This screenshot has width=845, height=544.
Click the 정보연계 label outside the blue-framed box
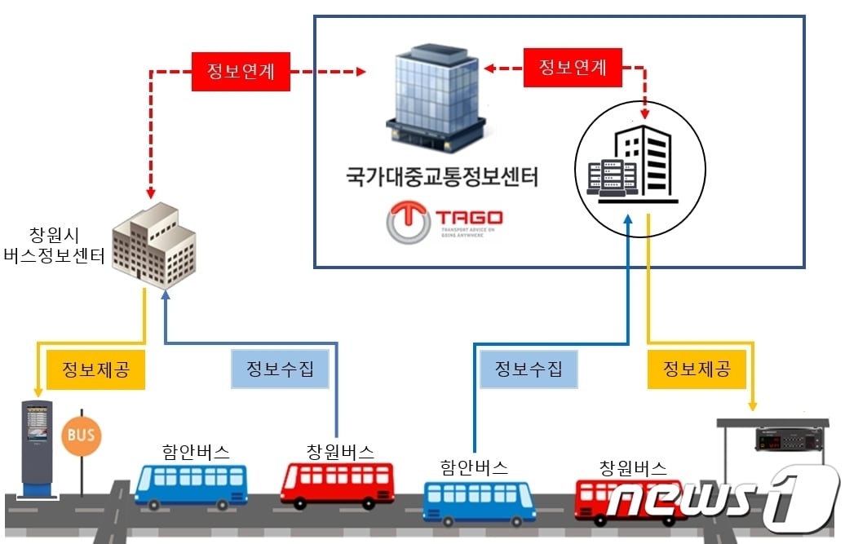[241, 72]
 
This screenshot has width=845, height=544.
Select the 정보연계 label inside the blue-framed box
[573, 67]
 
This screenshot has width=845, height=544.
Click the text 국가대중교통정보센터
[442, 177]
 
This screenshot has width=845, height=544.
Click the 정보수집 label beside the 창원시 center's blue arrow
[281, 369]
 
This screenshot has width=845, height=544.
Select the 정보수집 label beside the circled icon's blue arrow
[529, 368]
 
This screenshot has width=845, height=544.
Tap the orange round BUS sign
[81, 435]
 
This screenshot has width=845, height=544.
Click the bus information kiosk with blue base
[37, 448]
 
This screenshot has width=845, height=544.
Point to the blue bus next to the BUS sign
[191, 486]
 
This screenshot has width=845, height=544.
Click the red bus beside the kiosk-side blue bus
[337, 484]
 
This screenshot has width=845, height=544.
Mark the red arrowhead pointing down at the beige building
[151, 194]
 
